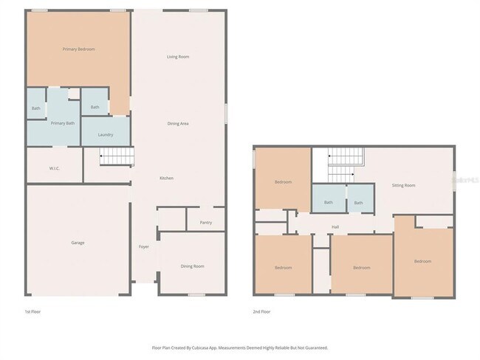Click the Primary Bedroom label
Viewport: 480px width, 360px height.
click(78, 49)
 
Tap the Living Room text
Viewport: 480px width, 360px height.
click(178, 57)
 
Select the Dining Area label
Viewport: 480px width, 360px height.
click(178, 123)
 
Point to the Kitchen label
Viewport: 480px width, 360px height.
click(167, 179)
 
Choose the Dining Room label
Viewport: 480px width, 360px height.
click(193, 266)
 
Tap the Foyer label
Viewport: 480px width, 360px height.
click(144, 246)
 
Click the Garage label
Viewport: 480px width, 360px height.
click(78, 243)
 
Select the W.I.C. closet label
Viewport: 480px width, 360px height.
click(55, 168)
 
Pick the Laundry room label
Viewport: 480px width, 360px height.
click(105, 134)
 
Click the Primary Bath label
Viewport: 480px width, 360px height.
click(63, 123)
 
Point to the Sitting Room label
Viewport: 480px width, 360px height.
click(403, 186)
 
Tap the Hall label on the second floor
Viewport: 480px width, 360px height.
click(335, 226)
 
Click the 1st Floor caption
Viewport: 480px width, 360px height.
click(32, 312)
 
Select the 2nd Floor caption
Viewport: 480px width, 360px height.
click(261, 312)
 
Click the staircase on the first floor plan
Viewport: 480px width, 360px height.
click(117, 156)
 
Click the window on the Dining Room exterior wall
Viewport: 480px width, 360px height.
click(196, 295)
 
